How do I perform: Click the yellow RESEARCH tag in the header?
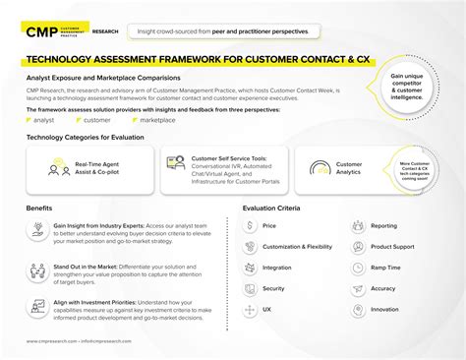click(x=106, y=31)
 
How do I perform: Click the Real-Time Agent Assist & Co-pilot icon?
click(x=59, y=169)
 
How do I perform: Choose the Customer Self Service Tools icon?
click(x=176, y=163)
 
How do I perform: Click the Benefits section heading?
click(x=40, y=209)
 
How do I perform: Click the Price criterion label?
click(x=269, y=225)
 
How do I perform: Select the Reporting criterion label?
click(x=384, y=225)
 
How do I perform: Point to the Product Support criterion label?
click(x=392, y=246)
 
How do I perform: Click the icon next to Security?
click(x=250, y=288)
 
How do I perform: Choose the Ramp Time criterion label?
click(x=385, y=268)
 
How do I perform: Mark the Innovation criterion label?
click(x=384, y=309)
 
